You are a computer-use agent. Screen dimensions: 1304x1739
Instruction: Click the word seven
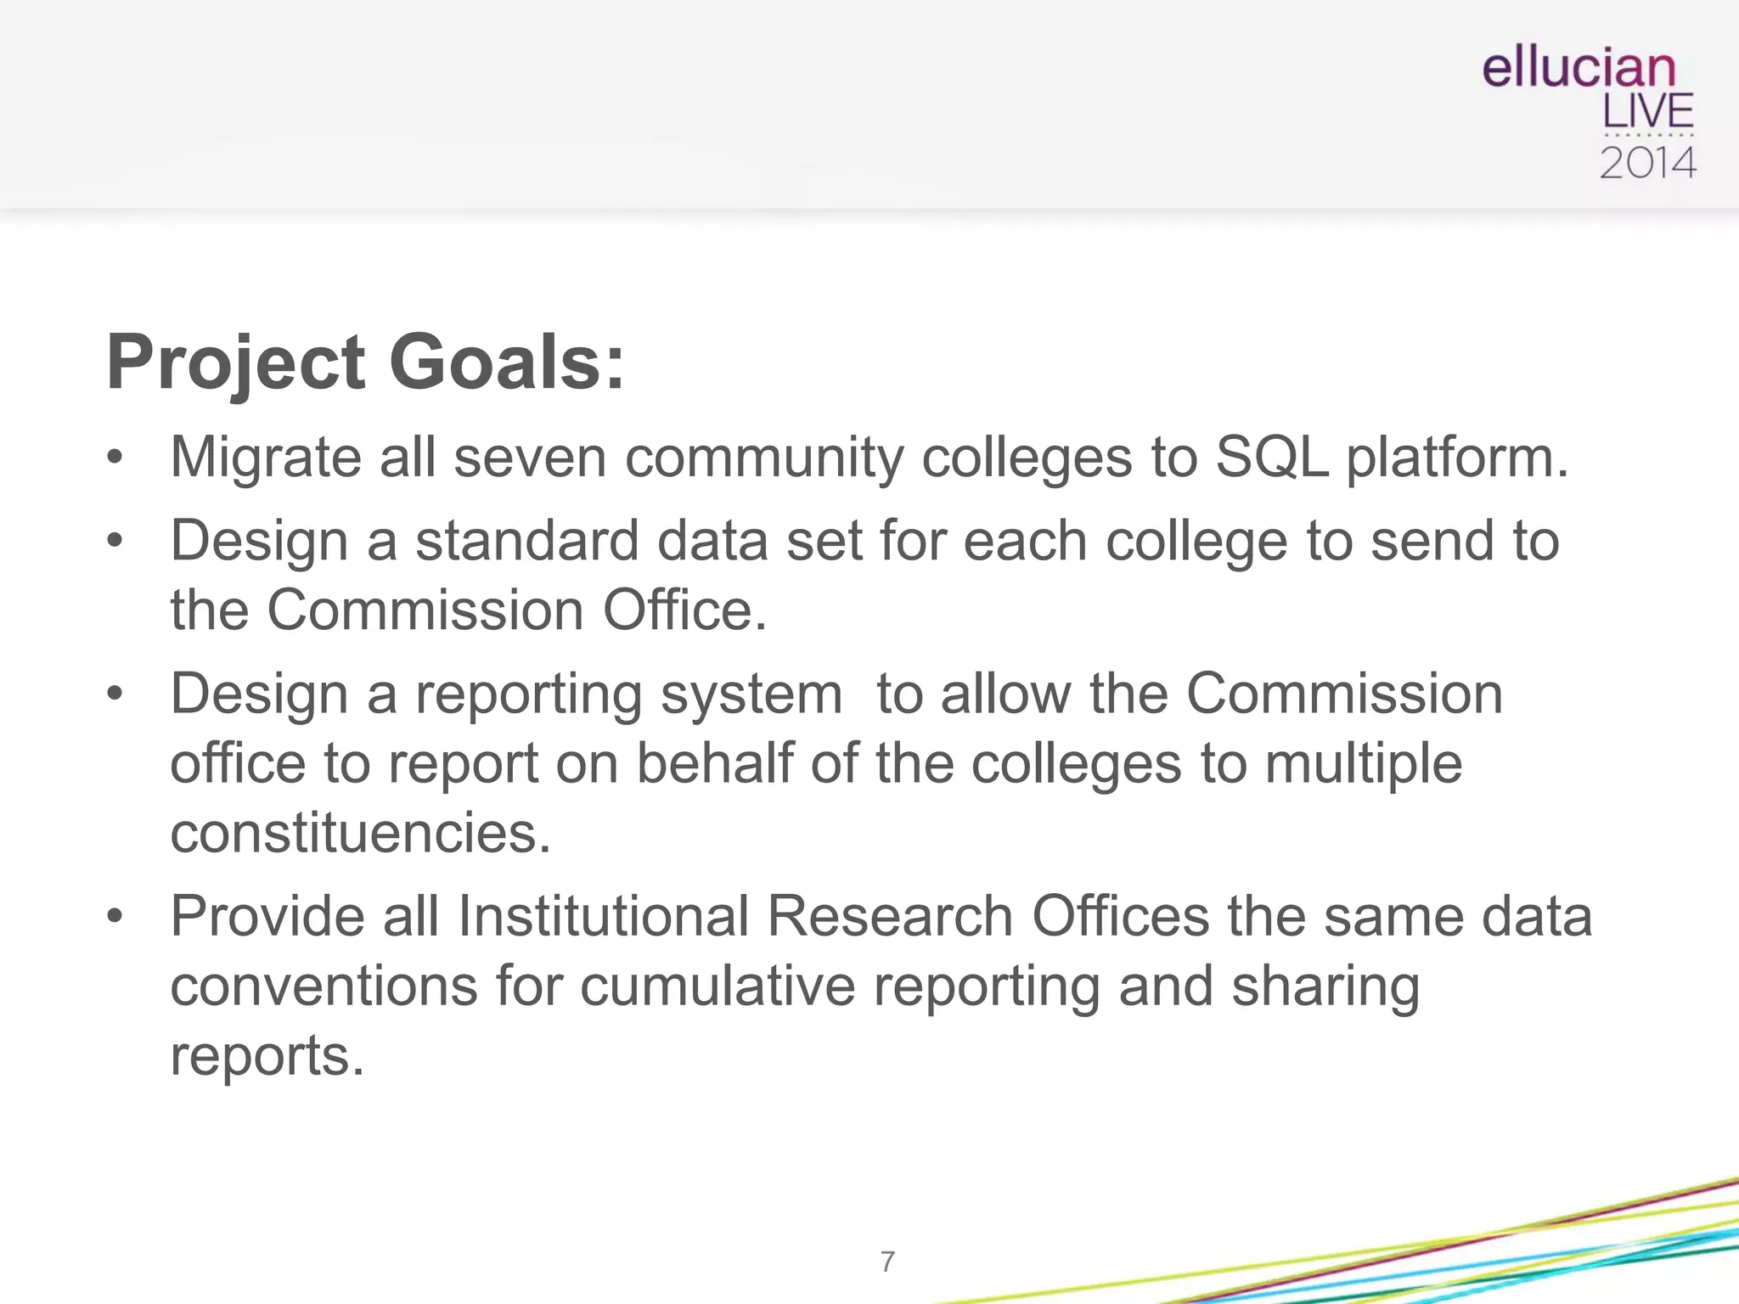coord(530,458)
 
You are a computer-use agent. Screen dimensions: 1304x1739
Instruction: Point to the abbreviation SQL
coord(1271,458)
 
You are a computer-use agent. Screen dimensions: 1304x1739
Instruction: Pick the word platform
coord(1457,458)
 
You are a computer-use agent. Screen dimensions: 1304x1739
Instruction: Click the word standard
coord(526,541)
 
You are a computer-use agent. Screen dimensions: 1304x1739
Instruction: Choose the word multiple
coord(1364,763)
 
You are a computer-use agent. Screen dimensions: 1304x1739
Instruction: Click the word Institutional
coord(603,917)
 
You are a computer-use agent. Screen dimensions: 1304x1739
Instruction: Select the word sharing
coord(1325,986)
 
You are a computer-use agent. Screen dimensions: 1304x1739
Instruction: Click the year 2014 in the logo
coord(1647,163)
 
